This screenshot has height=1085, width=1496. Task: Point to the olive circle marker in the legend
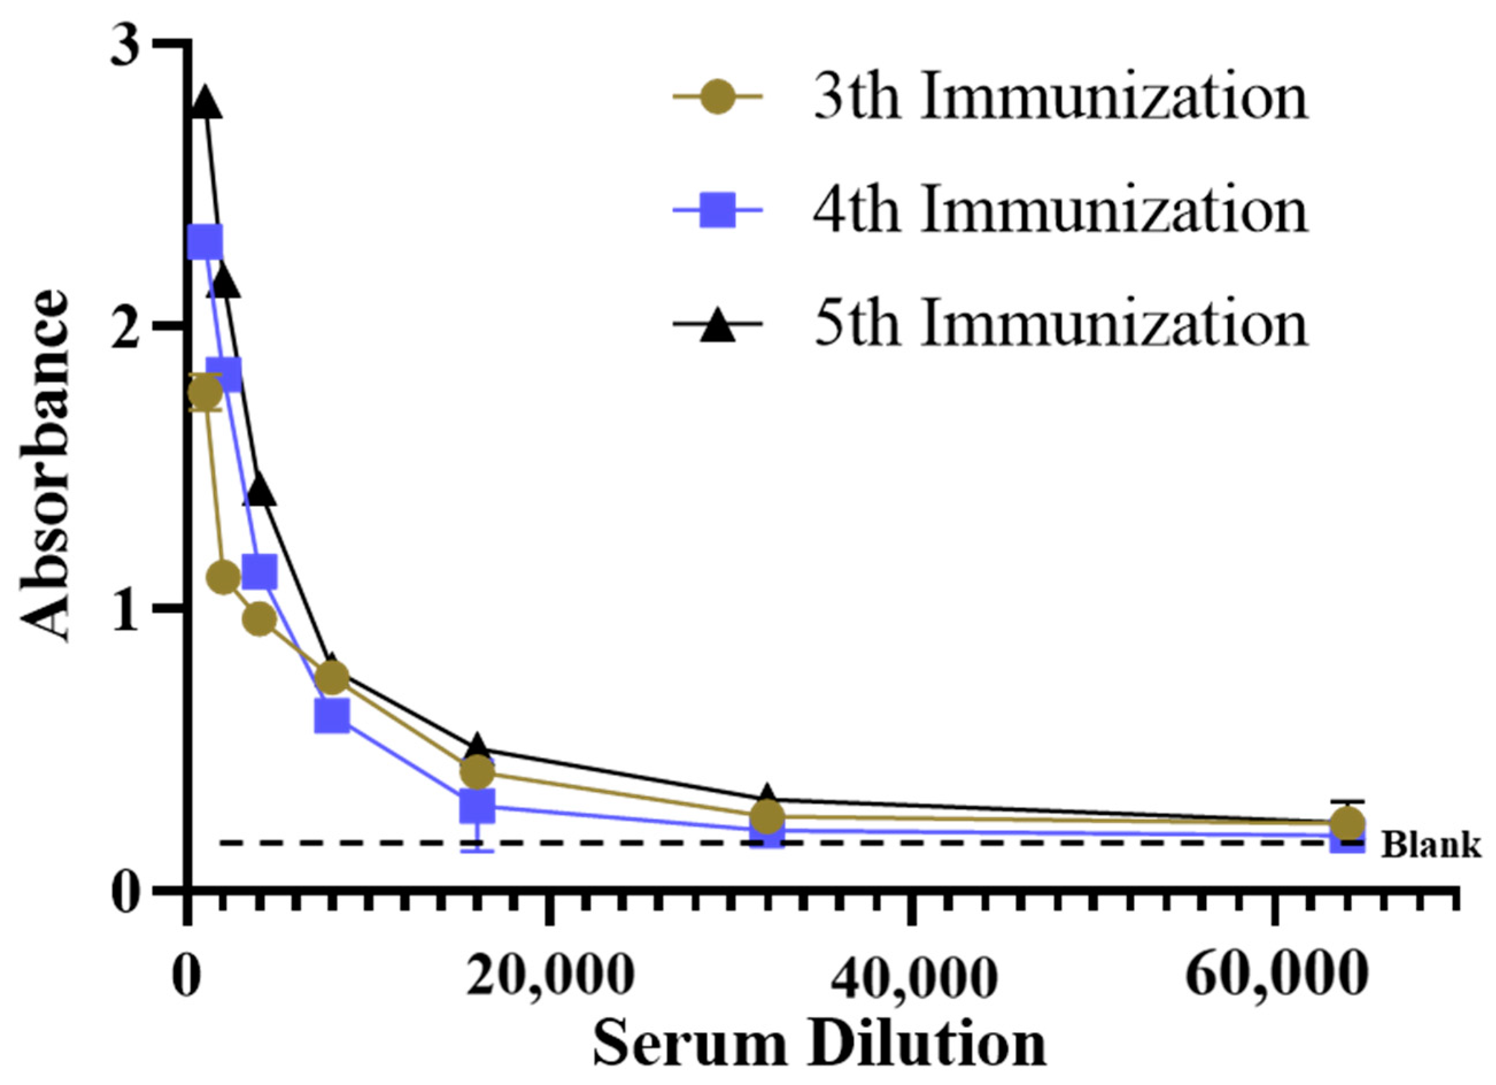coord(717,99)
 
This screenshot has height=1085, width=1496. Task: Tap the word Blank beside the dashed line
coord(1431,845)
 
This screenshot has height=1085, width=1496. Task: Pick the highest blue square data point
coord(205,243)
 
